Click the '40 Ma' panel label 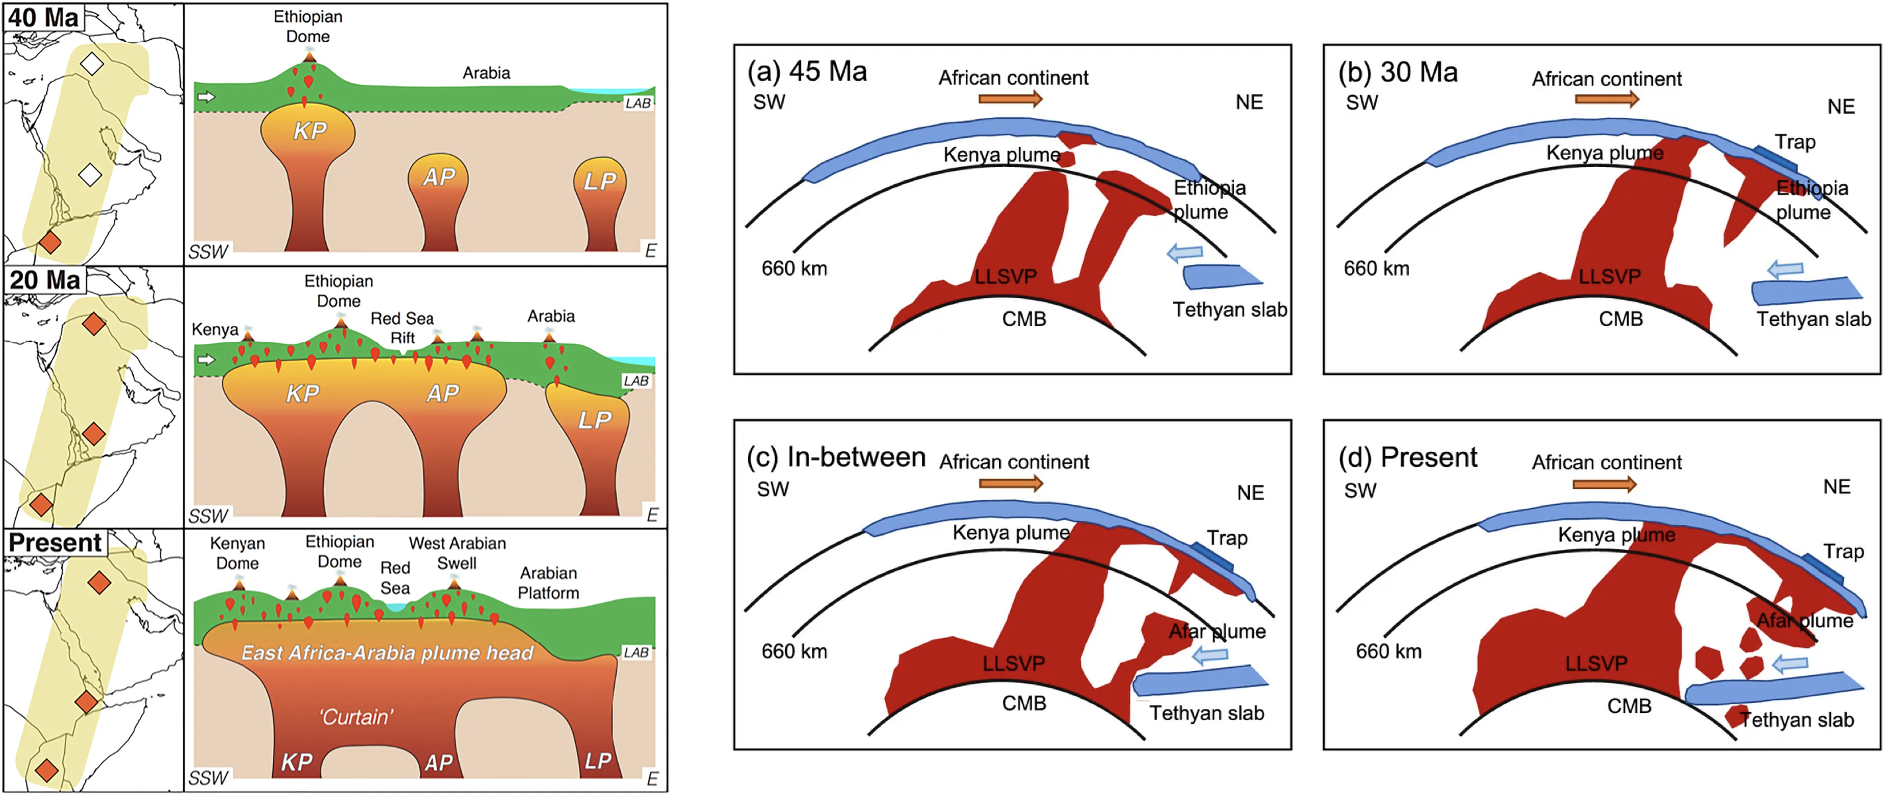(x=43, y=17)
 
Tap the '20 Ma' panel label (x=44, y=280)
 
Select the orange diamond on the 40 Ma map (x=50, y=241)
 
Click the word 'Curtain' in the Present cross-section (x=356, y=717)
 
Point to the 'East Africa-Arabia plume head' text (x=387, y=653)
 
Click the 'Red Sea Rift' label (x=402, y=328)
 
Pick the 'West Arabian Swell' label (x=457, y=553)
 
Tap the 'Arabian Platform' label (x=549, y=582)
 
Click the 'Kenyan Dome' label (x=237, y=553)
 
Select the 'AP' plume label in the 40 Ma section (x=439, y=177)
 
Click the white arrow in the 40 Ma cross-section (x=207, y=97)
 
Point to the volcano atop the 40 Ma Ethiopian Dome (x=309, y=55)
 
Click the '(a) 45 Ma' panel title (x=807, y=72)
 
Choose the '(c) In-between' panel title (x=836, y=457)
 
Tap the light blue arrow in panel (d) (x=1791, y=664)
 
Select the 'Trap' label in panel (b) (x=1795, y=142)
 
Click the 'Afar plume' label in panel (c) (x=1217, y=631)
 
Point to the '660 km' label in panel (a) (x=794, y=268)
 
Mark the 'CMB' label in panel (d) (x=1629, y=706)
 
